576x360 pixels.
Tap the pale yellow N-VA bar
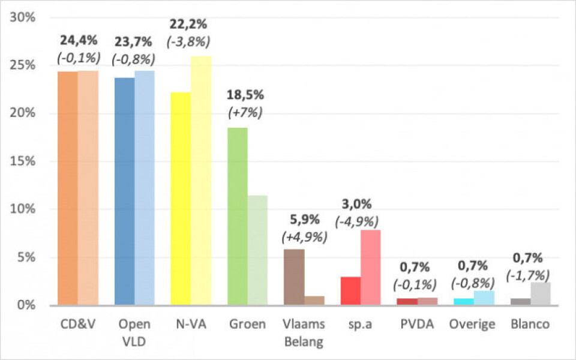(x=201, y=180)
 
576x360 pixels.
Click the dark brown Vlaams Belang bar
(x=294, y=277)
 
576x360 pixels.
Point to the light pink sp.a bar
(x=370, y=268)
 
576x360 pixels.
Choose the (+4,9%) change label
(x=304, y=237)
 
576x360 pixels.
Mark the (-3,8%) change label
(x=188, y=41)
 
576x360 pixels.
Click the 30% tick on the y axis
(x=23, y=17)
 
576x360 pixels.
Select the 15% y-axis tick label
(x=23, y=161)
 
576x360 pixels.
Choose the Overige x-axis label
(x=472, y=325)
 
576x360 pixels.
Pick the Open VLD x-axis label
(x=134, y=332)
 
